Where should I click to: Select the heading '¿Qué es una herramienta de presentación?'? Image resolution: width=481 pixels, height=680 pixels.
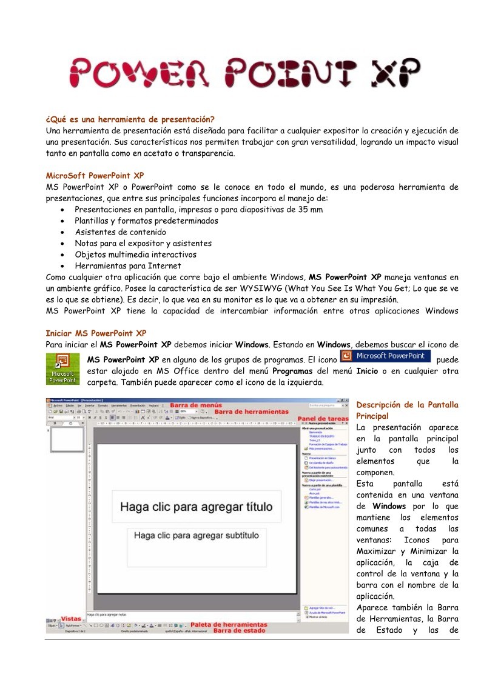coord(130,119)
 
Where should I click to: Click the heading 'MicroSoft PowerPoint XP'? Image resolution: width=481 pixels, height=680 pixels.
coord(95,175)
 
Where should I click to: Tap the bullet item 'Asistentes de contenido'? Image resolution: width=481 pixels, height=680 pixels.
coord(120,232)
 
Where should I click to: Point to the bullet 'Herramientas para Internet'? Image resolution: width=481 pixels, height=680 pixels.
coord(127,265)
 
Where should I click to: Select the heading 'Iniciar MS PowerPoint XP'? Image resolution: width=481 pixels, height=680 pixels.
coord(96,333)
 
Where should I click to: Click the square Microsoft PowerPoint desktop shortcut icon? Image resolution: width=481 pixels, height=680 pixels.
coord(62,368)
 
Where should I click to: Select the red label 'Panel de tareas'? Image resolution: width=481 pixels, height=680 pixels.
coord(328,418)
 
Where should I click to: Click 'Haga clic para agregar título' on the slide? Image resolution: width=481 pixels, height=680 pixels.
coord(196,507)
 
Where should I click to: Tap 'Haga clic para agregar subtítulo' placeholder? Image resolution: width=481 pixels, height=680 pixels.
coord(196,536)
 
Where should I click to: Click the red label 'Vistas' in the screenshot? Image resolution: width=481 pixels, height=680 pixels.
coord(70,619)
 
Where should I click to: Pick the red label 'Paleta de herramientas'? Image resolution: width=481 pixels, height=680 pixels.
coord(229,624)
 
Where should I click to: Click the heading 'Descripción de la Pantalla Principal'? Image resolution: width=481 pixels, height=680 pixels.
coord(406,410)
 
